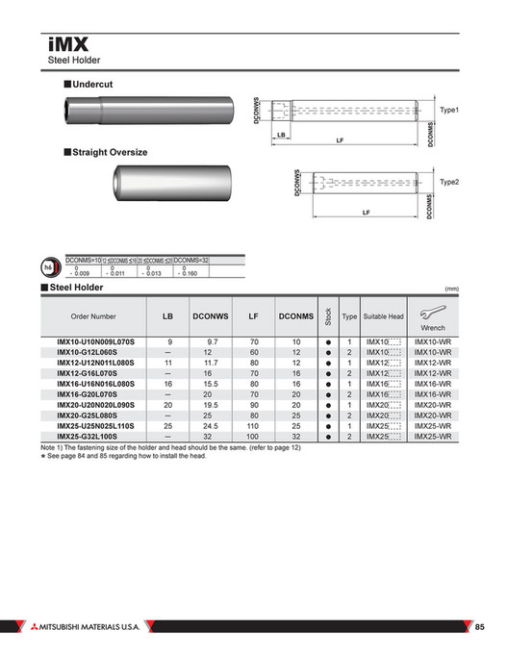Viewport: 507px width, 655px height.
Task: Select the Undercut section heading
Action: pos(92,85)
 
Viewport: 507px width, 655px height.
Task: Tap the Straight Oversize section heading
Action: pos(110,152)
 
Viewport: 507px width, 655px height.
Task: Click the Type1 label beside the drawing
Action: pos(449,111)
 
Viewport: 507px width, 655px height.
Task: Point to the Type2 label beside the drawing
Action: pos(449,181)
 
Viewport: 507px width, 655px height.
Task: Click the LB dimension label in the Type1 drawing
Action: pos(281,135)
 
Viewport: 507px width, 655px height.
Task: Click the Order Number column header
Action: pos(93,315)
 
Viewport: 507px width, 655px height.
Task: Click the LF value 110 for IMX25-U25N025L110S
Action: pos(254,426)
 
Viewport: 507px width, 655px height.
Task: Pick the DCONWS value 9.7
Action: pos(213,341)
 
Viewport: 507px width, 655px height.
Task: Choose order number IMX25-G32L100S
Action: pos(93,436)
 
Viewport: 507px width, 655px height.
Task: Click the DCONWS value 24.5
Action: pos(213,426)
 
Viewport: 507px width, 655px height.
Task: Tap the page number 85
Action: pos(481,627)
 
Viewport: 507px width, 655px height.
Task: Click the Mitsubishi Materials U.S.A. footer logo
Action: pos(87,627)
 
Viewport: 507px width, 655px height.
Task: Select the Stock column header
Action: pos(329,315)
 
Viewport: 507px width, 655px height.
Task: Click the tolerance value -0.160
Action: pos(190,273)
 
